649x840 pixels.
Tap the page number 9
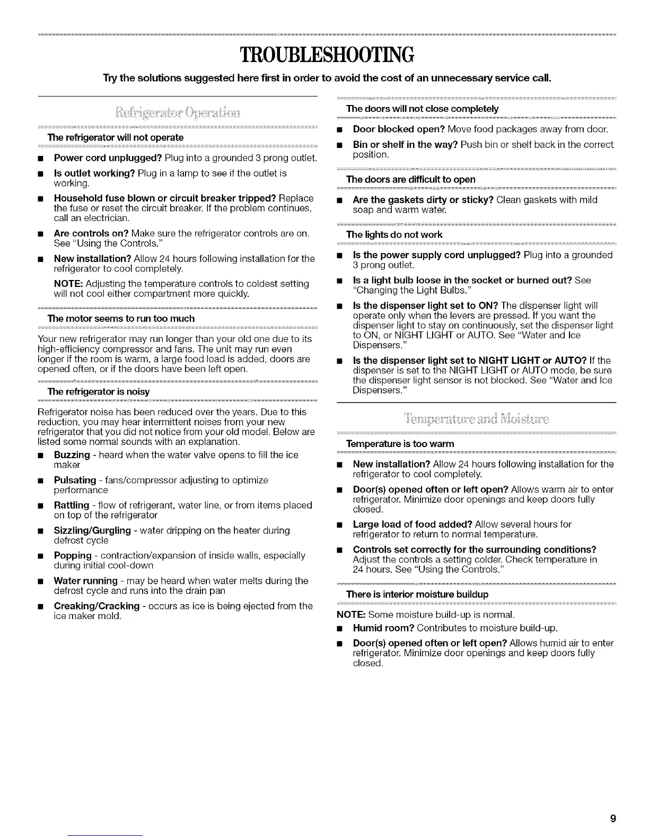[613, 819]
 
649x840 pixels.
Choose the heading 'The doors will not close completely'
[422, 109]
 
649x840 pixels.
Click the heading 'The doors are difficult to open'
[410, 179]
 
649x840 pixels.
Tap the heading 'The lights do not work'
[394, 234]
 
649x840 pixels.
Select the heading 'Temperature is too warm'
[400, 443]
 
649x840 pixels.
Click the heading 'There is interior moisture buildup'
[417, 593]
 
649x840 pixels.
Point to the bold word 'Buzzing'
[72, 455]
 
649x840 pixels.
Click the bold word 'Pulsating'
[75, 480]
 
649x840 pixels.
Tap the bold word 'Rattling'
[72, 505]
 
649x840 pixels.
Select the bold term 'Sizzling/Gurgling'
[92, 530]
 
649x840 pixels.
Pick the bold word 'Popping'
[73, 555]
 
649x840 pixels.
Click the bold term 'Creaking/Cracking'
[97, 606]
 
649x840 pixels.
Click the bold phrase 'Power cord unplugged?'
[108, 158]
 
